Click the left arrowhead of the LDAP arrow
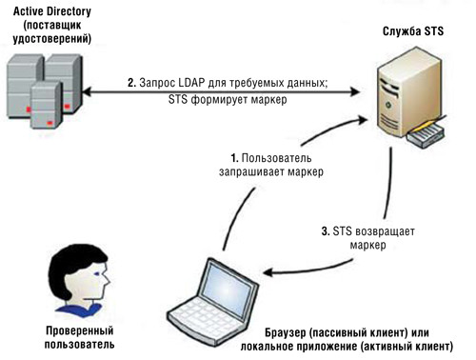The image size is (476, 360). click(87, 90)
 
